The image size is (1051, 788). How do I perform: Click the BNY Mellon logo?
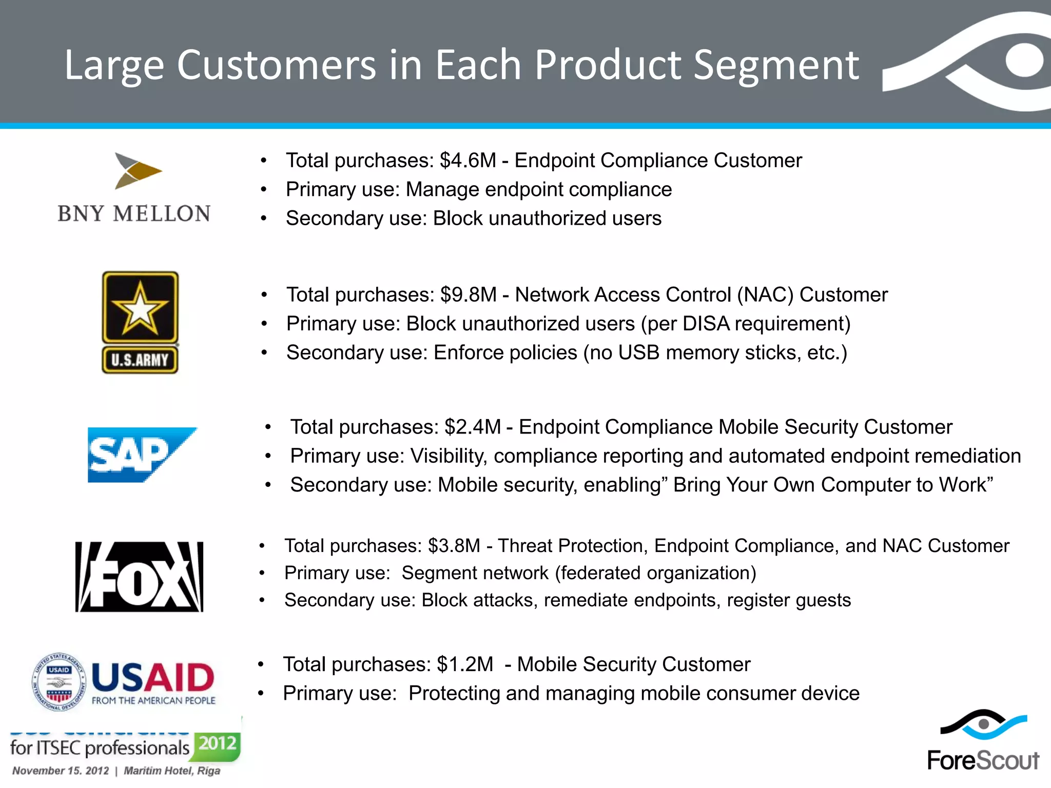point(134,188)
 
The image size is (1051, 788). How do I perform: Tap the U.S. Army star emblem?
point(140,308)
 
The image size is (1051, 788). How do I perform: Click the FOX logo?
point(139,577)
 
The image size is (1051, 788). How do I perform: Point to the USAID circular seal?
point(59,682)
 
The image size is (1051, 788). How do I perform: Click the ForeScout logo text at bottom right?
point(983,760)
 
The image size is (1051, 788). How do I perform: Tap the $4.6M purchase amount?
point(468,161)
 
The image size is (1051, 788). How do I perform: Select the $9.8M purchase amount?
point(468,295)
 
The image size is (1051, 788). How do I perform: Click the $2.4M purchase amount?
point(472,427)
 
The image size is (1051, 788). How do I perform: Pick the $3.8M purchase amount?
point(454,546)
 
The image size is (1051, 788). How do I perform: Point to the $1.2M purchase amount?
point(464,664)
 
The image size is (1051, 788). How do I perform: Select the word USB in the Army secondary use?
point(638,353)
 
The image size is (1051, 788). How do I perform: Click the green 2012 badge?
point(218,743)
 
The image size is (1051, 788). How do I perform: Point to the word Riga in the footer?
point(208,771)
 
